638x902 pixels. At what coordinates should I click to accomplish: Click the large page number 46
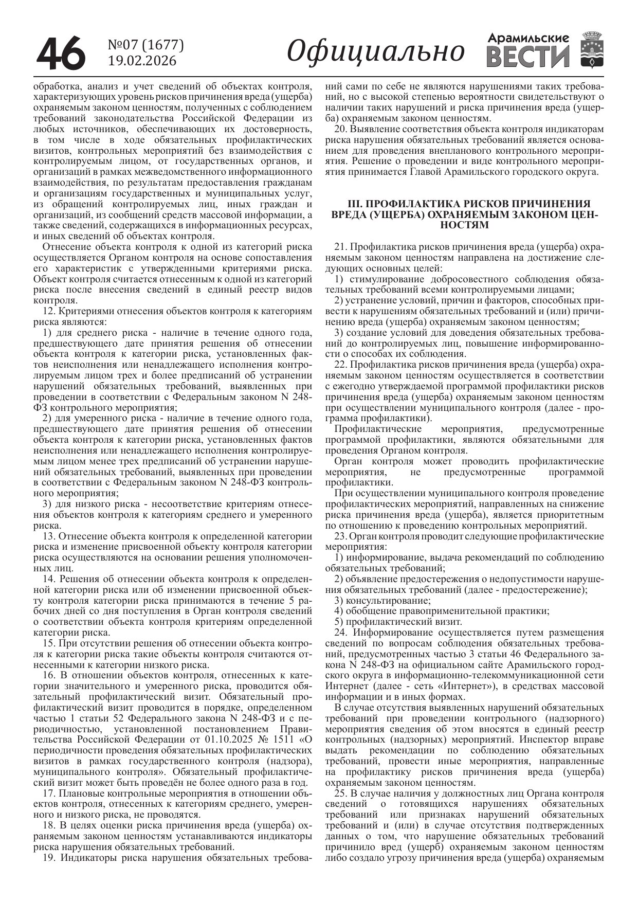click(60, 53)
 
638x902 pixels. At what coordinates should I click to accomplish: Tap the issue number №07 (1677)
click(145, 45)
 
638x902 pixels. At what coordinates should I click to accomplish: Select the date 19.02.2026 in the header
click(142, 61)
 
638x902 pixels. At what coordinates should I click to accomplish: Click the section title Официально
click(375, 51)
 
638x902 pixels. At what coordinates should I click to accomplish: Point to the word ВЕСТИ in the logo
click(528, 56)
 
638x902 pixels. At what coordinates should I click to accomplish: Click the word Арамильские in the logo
click(528, 38)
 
